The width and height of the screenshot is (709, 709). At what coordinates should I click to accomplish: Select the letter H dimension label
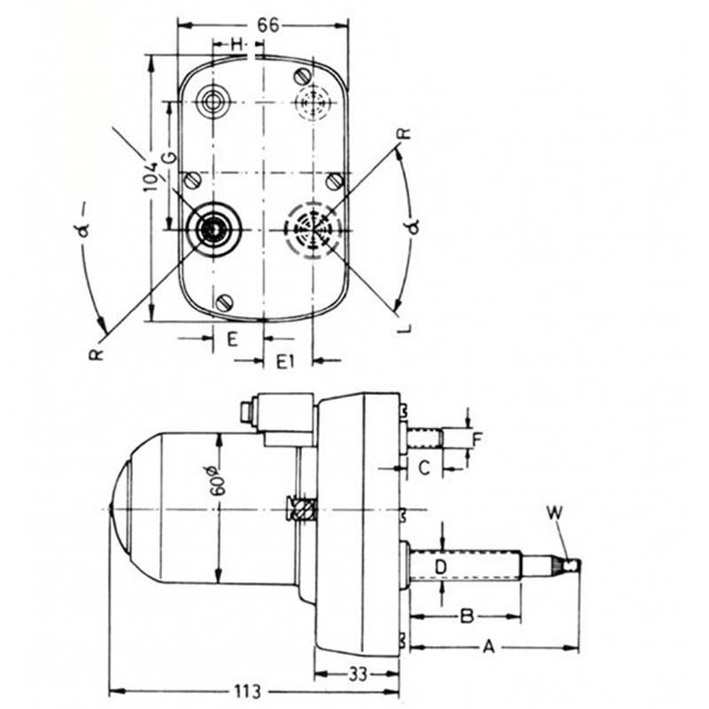(x=236, y=43)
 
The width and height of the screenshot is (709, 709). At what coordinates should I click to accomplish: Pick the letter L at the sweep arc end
(x=405, y=328)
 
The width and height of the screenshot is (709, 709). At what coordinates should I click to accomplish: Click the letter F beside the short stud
(x=477, y=438)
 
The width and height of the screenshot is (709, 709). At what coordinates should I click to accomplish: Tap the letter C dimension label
(x=424, y=468)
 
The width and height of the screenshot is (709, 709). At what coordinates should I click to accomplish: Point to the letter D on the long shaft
(x=440, y=565)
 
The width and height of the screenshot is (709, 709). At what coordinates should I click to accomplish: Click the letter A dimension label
(x=487, y=647)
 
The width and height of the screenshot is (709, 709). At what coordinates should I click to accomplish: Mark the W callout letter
(x=555, y=511)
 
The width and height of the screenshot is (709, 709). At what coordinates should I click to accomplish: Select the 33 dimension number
(x=357, y=674)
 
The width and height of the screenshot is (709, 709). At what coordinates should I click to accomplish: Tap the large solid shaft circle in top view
(x=213, y=230)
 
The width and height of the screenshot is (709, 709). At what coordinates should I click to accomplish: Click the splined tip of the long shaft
(x=567, y=565)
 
